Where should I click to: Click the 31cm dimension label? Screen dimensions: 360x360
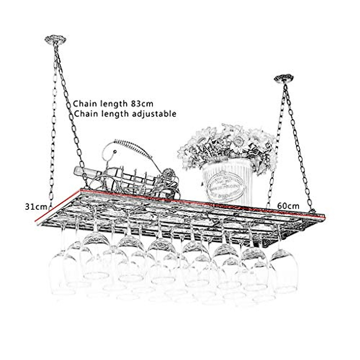pyautogui.click(x=36, y=207)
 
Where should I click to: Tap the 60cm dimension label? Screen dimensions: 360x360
pyautogui.click(x=288, y=206)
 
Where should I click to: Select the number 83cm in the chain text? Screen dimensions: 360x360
pyautogui.click(x=142, y=104)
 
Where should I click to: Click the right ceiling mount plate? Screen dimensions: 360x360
pyautogui.click(x=283, y=79)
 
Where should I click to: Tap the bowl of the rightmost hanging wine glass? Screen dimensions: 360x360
pyautogui.click(x=283, y=273)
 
